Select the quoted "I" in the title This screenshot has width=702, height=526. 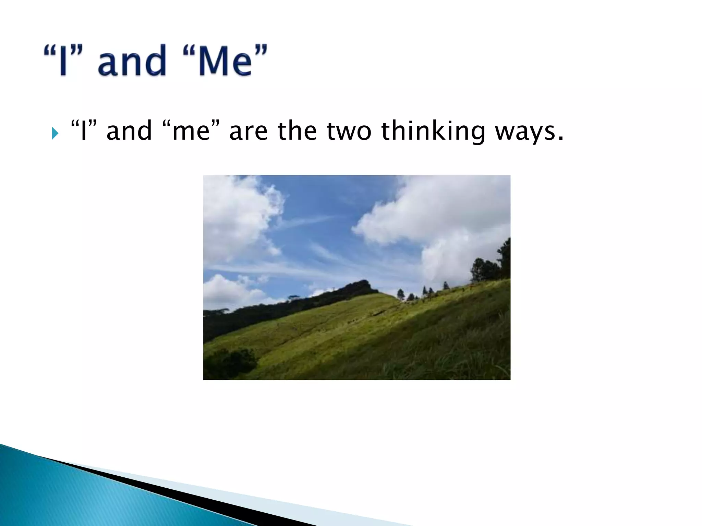(63, 61)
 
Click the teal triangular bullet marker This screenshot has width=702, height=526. (55, 133)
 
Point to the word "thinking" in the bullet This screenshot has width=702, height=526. (433, 131)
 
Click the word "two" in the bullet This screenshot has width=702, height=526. (349, 131)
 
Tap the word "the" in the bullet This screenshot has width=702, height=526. (297, 131)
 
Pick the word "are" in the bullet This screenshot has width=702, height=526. (248, 131)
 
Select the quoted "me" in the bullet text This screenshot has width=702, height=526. (191, 131)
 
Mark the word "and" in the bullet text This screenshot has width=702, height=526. (129, 131)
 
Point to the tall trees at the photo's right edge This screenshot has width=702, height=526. (494, 264)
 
